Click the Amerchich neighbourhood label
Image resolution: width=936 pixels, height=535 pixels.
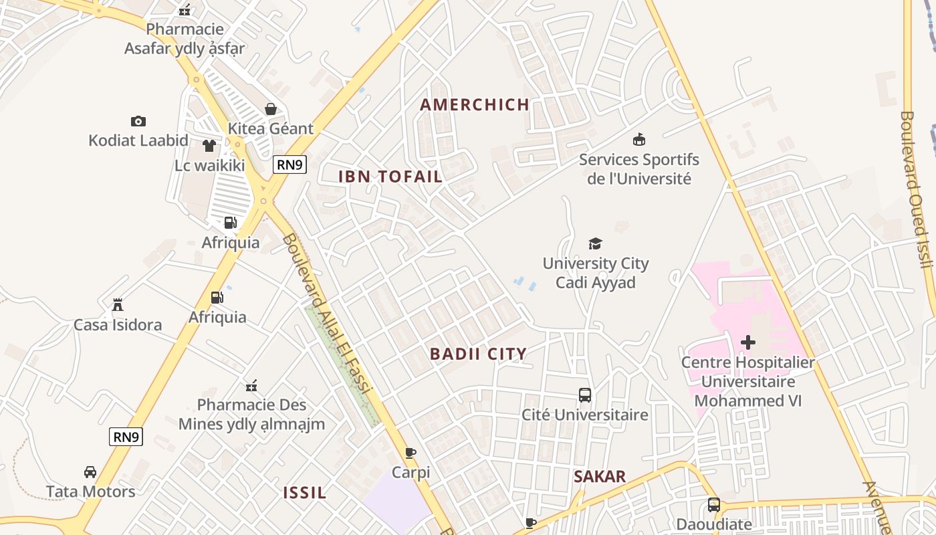pos(475,104)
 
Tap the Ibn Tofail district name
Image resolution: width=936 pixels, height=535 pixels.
pos(390,177)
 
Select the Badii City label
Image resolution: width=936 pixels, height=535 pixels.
pos(478,354)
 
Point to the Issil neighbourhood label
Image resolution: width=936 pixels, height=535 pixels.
pos(305,493)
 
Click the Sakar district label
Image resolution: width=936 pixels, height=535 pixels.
pos(600,476)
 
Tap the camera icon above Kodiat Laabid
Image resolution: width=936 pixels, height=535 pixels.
pos(138,121)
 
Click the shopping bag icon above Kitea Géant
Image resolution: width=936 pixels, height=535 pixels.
pos(271,109)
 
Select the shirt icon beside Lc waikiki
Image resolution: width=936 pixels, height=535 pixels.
pos(209,146)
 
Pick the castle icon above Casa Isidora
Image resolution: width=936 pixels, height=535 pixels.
pos(118,305)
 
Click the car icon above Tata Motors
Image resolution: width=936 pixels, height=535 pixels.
pos(90,472)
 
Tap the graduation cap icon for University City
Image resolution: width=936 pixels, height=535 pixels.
pos(595,243)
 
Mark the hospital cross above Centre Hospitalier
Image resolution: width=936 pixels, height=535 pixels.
pos(748,342)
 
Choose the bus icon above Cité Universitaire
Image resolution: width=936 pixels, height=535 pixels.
pos(585,395)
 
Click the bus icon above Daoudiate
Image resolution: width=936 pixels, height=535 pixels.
pos(714,505)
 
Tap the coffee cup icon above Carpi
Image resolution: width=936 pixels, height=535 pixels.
pos(411,453)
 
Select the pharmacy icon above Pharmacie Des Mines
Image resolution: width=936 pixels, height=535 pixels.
pos(251,385)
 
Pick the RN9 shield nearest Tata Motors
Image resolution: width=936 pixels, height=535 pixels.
pos(126,437)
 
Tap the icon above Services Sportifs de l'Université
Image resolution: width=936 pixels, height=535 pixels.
pos(638,139)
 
